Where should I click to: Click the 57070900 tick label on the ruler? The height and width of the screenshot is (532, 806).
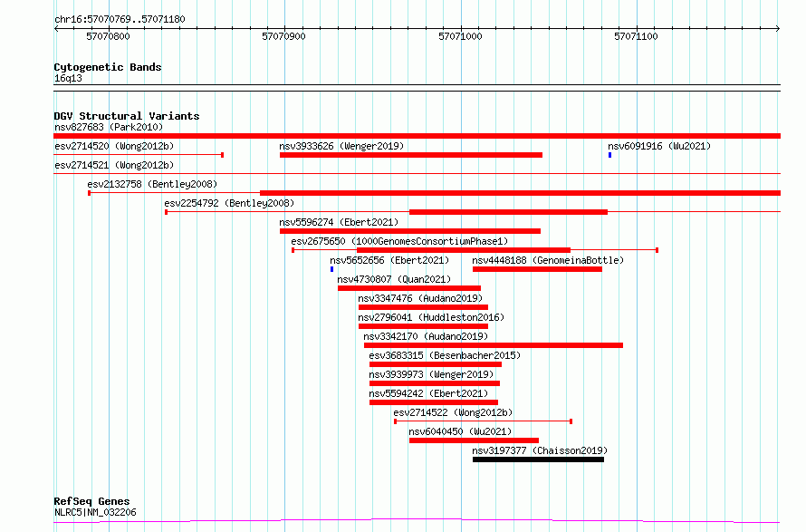(283, 36)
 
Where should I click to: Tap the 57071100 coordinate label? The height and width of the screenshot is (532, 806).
(636, 36)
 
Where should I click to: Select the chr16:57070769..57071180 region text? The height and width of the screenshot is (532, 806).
(120, 20)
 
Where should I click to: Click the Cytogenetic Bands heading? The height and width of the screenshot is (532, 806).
(108, 67)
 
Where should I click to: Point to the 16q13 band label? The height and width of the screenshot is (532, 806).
(68, 78)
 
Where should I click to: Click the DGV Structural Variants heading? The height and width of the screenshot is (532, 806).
(127, 116)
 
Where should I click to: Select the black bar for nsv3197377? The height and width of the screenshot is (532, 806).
(538, 459)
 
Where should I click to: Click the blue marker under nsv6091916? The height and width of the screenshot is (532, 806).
(609, 155)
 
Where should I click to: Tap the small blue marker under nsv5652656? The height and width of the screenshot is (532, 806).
(331, 269)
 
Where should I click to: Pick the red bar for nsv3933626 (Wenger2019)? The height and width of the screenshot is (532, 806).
(411, 155)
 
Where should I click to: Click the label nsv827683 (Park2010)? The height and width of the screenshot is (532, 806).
(109, 127)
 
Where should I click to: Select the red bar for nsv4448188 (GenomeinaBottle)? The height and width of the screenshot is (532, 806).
(537, 269)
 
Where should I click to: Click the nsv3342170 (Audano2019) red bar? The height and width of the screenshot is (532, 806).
(494, 345)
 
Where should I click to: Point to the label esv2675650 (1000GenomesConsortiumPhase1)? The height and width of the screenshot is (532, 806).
(399, 241)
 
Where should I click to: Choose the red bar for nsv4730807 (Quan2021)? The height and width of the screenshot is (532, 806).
(409, 288)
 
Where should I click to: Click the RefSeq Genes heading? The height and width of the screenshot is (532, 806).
(91, 501)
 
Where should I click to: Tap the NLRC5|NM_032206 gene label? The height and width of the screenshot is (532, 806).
(95, 512)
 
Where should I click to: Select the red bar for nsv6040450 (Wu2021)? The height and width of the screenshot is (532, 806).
(474, 440)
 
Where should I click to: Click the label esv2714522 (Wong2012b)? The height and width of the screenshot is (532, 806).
(453, 412)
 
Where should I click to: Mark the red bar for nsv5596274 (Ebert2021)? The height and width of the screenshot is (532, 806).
(410, 231)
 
